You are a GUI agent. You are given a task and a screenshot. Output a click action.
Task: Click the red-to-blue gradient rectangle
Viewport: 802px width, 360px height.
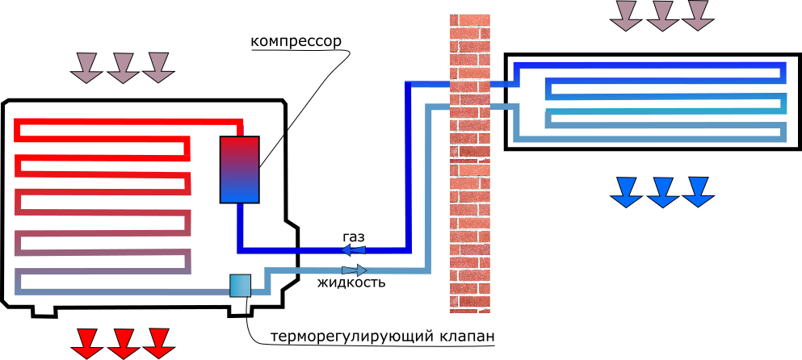pyautogui.click(x=239, y=170)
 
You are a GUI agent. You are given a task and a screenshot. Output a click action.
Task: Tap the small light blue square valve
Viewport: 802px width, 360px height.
pyautogui.click(x=240, y=286)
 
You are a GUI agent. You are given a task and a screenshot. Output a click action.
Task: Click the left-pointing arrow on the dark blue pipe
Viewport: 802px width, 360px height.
pyautogui.click(x=353, y=250)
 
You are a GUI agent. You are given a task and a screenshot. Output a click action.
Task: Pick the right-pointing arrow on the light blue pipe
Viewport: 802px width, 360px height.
pyautogui.click(x=355, y=270)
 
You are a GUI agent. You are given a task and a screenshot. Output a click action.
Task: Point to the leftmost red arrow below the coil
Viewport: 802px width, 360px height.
pyautogui.click(x=87, y=343)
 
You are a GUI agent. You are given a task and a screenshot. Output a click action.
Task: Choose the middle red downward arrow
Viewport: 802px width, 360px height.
pyautogui.click(x=124, y=343)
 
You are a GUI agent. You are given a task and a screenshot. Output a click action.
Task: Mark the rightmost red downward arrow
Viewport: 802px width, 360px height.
pyautogui.click(x=159, y=343)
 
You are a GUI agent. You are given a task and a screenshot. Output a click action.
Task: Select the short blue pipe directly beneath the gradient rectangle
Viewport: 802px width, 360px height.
pyautogui.click(x=240, y=226)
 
